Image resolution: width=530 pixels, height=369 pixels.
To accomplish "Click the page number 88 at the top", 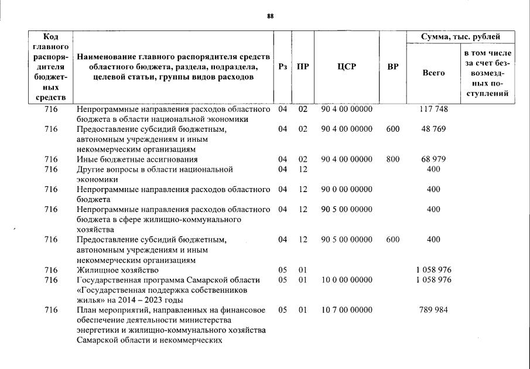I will pos(271,16).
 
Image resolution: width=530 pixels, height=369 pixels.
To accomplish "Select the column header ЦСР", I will pos(347,67).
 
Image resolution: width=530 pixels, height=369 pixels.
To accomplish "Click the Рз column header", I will pos(283,67).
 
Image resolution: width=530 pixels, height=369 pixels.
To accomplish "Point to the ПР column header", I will pos(302,67).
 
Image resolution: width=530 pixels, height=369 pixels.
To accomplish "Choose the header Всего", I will pos(433,73).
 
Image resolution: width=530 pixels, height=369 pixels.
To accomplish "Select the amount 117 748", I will pos(433,109).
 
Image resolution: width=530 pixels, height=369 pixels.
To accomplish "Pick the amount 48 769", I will pos(433,129).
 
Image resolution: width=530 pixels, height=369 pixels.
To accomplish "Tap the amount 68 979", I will pos(433,159).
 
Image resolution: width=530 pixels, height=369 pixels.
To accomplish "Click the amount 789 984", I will pos(433,310).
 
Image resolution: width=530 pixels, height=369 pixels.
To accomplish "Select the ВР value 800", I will pos(392,159).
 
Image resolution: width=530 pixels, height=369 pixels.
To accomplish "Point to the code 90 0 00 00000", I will pos(347,189).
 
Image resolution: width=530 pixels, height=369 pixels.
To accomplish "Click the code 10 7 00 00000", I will pos(347,310).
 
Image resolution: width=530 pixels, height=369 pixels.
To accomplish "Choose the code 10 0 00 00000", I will pos(347,280).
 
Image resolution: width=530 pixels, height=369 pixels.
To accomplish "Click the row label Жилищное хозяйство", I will pos(118,270).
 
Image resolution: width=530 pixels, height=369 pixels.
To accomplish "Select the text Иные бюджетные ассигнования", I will pos(137,159).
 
